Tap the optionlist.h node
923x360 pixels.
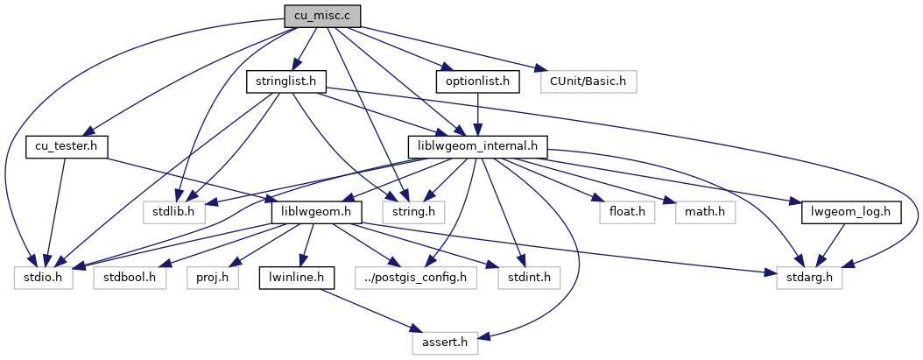click(478, 81)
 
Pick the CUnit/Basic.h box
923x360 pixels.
click(588, 81)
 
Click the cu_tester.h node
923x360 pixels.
click(67, 146)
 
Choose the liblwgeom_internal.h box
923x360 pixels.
click(478, 146)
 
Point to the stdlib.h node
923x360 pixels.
click(173, 212)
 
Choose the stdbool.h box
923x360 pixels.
click(130, 278)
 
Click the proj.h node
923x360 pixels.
click(208, 278)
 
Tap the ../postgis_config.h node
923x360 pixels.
click(417, 278)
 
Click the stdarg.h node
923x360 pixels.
click(809, 278)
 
